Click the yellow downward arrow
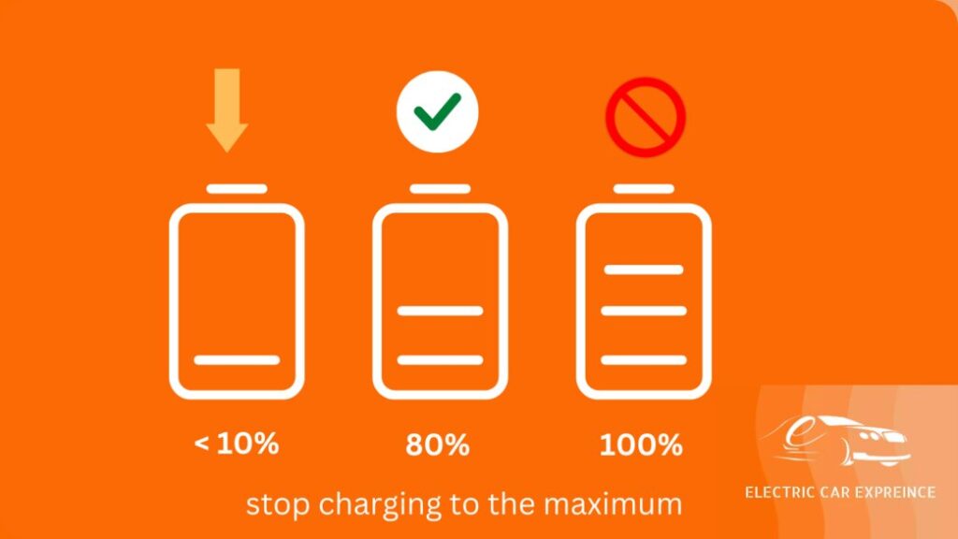[x=226, y=110]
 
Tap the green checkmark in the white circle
[x=437, y=112]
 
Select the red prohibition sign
[x=646, y=117]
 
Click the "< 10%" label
[x=237, y=443]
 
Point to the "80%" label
[x=438, y=444]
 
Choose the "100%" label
[x=641, y=444]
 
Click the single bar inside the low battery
[x=237, y=360]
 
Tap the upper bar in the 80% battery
[x=440, y=311]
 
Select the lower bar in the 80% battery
[x=440, y=360]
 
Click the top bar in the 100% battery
[x=644, y=269]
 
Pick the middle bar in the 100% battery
[x=644, y=311]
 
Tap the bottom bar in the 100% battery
[x=644, y=360]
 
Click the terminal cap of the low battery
[x=237, y=189]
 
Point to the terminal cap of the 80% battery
[x=440, y=189]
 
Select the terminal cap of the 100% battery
[x=644, y=189]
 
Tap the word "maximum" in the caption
[x=612, y=505]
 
